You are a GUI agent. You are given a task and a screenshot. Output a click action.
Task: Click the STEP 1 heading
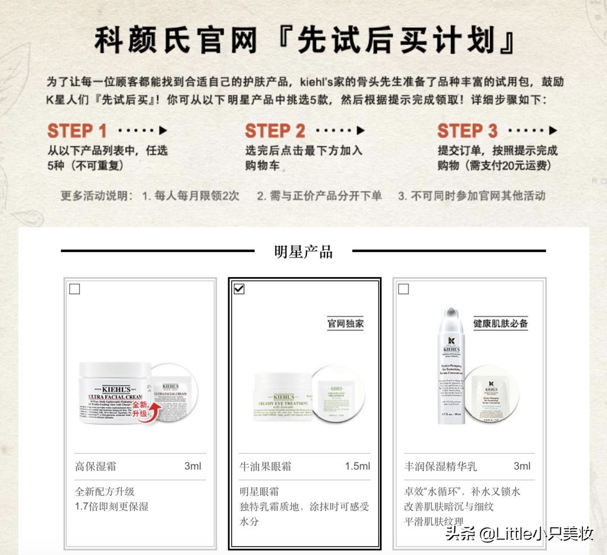[77, 131]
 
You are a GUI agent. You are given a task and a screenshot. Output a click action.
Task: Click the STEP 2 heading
[275, 131]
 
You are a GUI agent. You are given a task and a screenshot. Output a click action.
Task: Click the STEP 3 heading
[468, 131]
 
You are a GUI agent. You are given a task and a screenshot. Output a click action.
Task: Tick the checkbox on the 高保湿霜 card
[74, 289]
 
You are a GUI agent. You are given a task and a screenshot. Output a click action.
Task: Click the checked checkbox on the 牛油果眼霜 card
[239, 289]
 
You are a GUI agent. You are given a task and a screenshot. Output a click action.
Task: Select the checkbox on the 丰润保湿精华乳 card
[403, 289]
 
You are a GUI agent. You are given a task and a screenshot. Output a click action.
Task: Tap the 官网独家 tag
[345, 324]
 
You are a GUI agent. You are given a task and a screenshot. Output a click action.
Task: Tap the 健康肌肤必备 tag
[500, 324]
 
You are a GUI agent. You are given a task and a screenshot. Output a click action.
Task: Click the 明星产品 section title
[303, 251]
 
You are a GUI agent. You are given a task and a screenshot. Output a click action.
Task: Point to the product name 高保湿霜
[96, 466]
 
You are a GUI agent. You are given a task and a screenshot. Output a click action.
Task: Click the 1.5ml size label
[357, 466]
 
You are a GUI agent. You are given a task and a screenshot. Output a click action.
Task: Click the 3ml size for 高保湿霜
[192, 466]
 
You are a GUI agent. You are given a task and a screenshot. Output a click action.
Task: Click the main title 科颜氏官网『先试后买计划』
[304, 41]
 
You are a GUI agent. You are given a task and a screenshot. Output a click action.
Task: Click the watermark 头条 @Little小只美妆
[519, 533]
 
